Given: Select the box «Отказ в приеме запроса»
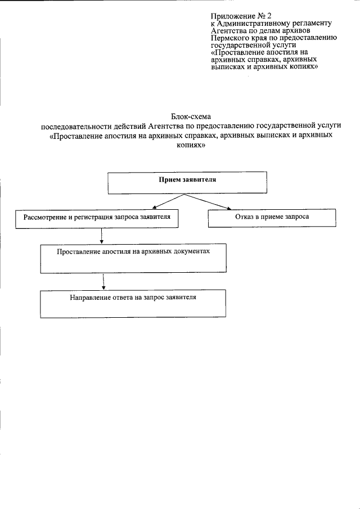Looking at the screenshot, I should [x=272, y=218].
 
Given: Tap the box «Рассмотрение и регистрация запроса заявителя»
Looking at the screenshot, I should [x=98, y=218].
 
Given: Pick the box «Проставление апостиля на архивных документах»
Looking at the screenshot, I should [x=133, y=258].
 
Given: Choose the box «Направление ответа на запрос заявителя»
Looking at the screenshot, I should [x=133, y=304].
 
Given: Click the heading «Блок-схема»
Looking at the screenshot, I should [x=190, y=114].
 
